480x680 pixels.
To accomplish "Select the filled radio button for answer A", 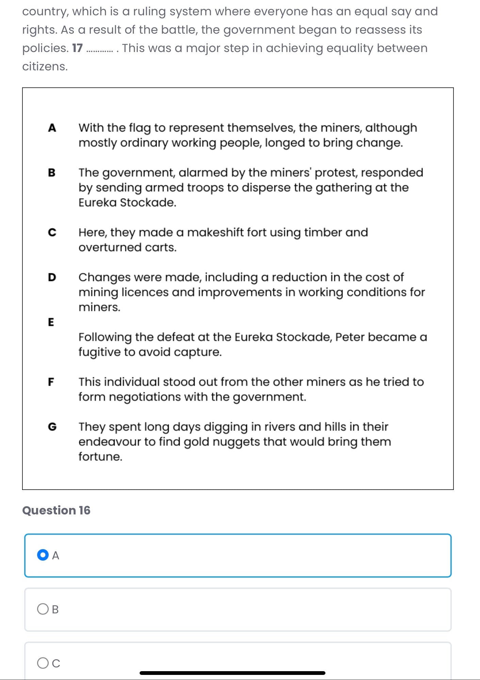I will (x=43, y=555).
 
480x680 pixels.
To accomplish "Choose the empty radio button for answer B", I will (x=43, y=609).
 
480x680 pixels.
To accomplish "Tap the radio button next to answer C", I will (x=43, y=663).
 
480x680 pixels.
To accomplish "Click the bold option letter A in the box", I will (x=52, y=128).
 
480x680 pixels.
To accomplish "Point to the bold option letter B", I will (x=52, y=173).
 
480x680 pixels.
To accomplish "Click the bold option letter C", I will (x=52, y=233).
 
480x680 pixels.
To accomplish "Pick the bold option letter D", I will (x=52, y=277).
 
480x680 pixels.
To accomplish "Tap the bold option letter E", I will (x=51, y=322).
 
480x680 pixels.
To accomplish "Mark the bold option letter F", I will (x=51, y=382).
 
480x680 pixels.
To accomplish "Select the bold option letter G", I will (x=52, y=427).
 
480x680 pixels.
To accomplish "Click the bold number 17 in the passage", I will (x=77, y=48).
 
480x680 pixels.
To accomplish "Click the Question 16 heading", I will (x=56, y=510).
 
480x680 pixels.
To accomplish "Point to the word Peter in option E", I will (x=350, y=337).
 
